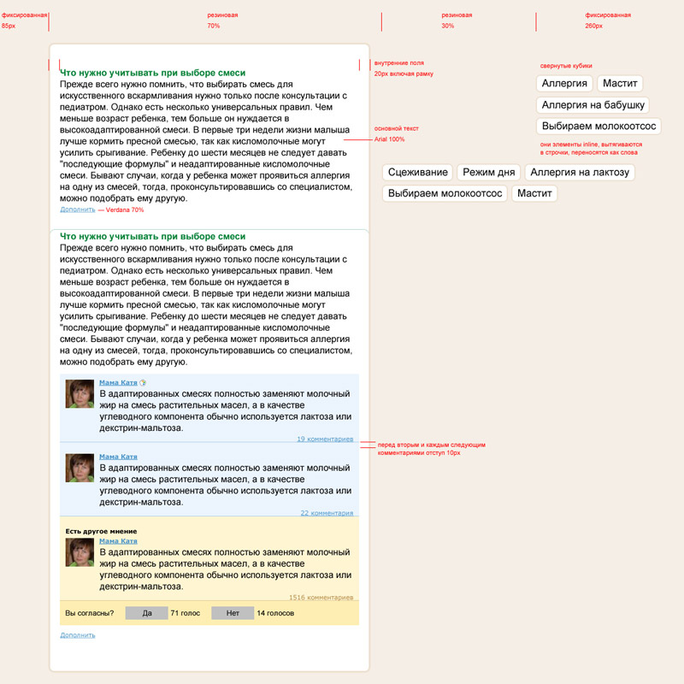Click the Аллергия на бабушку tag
[593, 105]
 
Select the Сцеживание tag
[417, 173]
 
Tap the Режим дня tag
[488, 173]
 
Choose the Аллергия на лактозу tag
[580, 173]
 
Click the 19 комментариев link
[325, 439]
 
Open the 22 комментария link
[327, 513]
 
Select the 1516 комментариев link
[321, 598]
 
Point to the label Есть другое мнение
[101, 531]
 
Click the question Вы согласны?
[90, 613]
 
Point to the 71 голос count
[185, 613]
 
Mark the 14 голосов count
[275, 613]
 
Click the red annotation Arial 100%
[390, 139]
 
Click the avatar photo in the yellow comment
[80, 552]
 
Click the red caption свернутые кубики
[566, 66]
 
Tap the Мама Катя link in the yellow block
[118, 541]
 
